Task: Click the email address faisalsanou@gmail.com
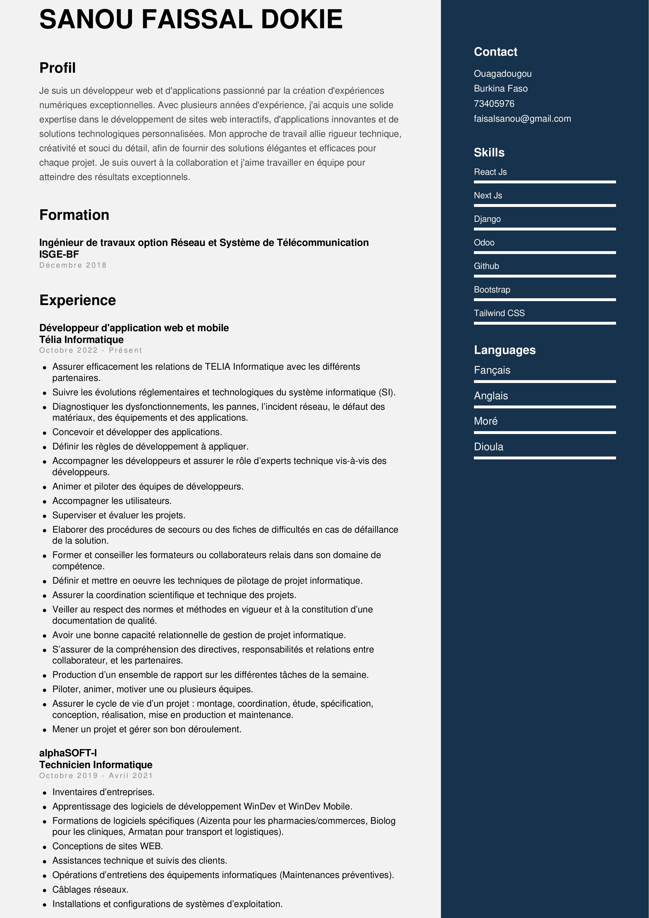pos(522,119)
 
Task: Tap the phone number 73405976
pos(494,104)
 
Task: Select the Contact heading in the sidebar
pos(495,52)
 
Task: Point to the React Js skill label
pos(490,172)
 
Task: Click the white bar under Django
pos(545,229)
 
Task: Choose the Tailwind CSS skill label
pos(499,313)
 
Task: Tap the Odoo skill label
pos(484,243)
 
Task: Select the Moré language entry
pos(485,421)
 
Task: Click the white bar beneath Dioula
pos(545,458)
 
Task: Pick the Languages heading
pos(504,350)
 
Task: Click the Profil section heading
pos(58,68)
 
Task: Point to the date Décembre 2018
pos(73,265)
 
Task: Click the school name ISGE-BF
pos(59,254)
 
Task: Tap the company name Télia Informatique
pos(82,340)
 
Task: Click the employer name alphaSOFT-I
pos(68,753)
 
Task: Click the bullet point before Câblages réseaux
pos(45,890)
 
